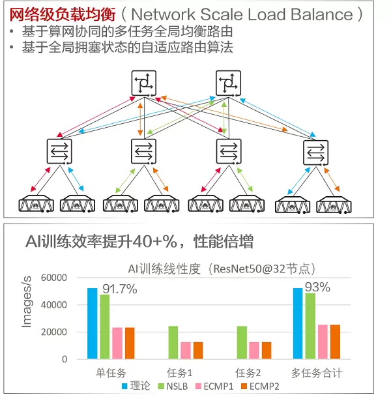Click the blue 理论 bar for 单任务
[92, 323]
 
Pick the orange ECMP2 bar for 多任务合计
[335, 342]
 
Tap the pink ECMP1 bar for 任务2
[253, 350]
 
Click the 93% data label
[318, 287]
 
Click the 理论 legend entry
[135, 386]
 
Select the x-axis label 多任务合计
[317, 373]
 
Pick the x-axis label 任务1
[180, 373]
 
